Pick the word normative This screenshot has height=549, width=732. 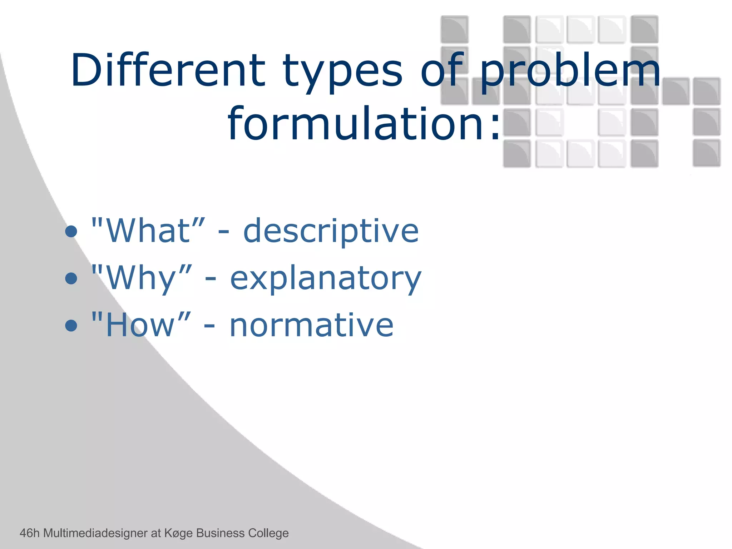[311, 325]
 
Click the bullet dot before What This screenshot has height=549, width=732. [71, 232]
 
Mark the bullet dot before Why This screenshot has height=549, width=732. [71, 278]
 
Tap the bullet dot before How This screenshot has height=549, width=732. [71, 325]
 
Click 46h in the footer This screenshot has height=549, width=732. [29, 533]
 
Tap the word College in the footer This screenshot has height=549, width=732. [268, 533]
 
